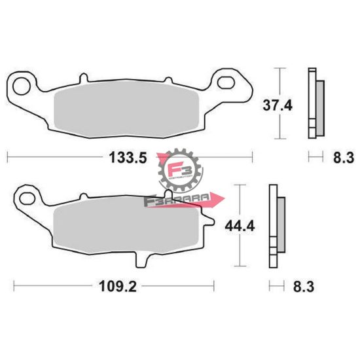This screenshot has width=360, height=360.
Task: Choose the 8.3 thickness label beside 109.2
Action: click(303, 286)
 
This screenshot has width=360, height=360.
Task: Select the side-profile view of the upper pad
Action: click(315, 103)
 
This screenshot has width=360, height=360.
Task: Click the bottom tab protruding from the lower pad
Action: click(139, 261)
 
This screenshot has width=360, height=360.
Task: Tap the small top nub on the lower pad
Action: click(82, 198)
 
